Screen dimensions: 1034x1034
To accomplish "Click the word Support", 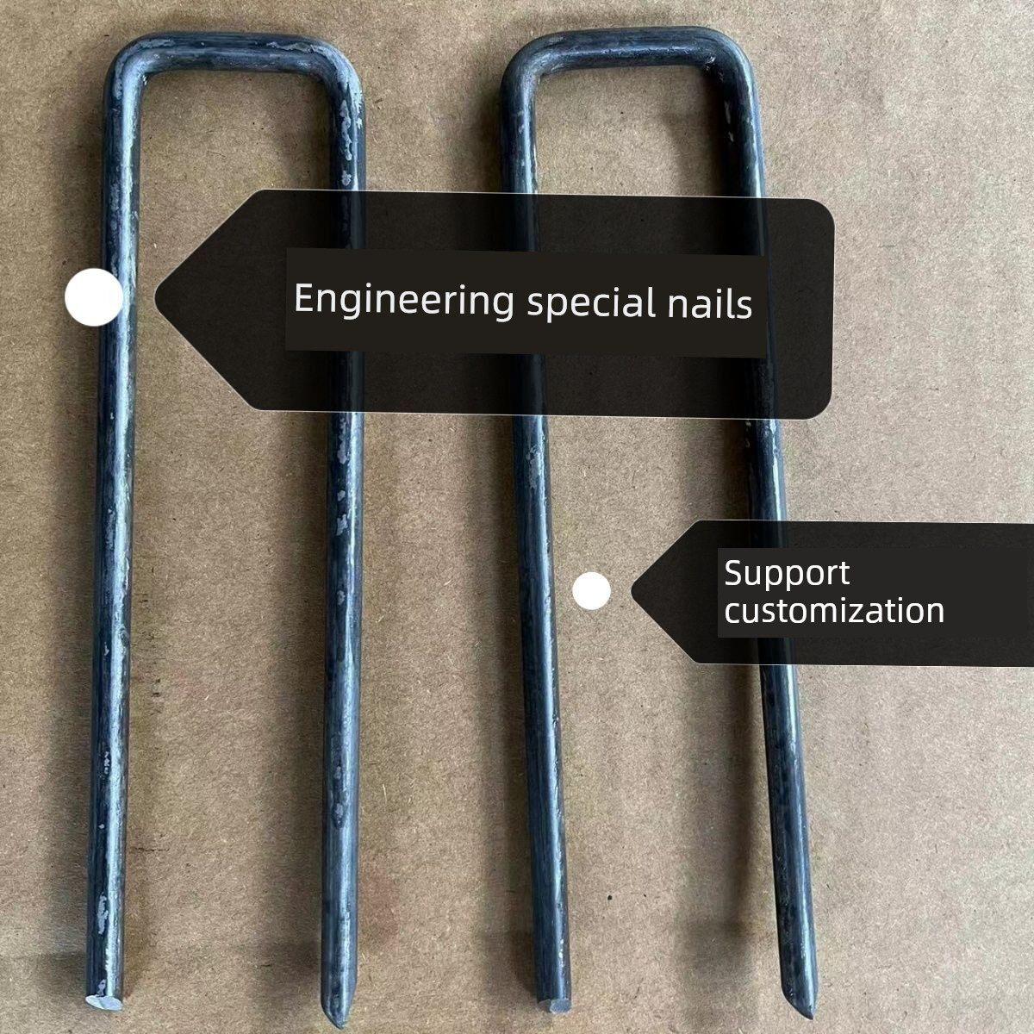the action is point(787,574).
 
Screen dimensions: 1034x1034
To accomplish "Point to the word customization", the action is point(834,610).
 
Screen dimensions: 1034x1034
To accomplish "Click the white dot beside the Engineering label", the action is point(93,296).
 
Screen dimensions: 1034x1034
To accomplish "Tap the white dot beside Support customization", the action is point(591,591).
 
